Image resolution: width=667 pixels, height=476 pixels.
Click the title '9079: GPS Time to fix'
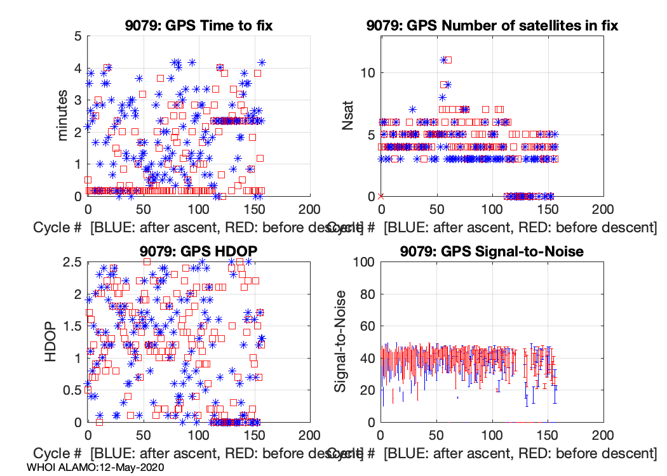(199, 25)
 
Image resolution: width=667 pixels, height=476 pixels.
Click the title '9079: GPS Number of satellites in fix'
(492, 25)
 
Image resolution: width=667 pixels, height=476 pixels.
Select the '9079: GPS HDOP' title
(199, 251)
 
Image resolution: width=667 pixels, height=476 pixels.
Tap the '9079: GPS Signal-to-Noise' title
(492, 251)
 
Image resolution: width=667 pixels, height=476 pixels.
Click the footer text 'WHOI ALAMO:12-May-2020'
(96, 467)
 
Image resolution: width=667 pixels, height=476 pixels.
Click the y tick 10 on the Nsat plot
(366, 72)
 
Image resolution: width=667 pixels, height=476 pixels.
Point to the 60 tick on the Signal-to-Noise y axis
(366, 326)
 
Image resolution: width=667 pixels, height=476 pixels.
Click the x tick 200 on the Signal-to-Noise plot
(602, 436)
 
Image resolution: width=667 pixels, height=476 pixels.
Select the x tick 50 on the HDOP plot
(143, 436)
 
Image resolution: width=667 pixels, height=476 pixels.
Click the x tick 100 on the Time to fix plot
(199, 210)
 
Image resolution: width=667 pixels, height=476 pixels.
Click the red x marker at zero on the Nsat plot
(381, 196)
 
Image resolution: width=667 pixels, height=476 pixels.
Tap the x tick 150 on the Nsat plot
(547, 210)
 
